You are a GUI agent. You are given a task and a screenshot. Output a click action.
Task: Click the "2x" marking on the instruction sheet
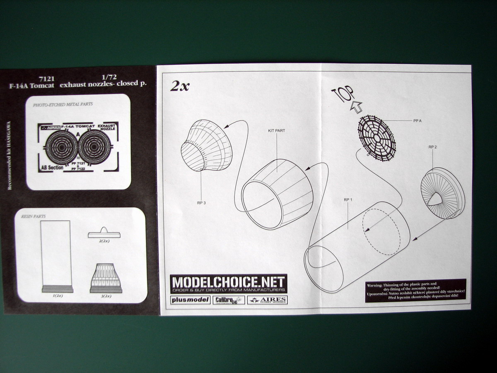coord(180,86)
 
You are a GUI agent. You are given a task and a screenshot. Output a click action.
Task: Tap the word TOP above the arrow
coord(342,95)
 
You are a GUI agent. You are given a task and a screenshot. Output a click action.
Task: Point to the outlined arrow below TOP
coord(355,107)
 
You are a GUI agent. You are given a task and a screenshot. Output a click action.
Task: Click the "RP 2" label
coord(432,147)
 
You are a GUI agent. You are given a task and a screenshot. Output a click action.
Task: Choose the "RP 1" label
coord(347,199)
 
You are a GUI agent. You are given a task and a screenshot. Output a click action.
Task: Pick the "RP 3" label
coord(201,203)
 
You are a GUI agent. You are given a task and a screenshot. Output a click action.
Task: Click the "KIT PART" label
coord(277,131)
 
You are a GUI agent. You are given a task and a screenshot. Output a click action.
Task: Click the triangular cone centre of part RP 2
coord(435,200)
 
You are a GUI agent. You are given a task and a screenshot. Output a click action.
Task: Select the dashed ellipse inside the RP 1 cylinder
coord(381,235)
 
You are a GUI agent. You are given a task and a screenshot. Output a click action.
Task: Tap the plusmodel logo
coord(191,300)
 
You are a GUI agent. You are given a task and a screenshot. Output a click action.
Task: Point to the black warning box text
coord(415,290)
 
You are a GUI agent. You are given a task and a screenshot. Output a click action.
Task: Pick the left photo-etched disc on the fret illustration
coord(61,147)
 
